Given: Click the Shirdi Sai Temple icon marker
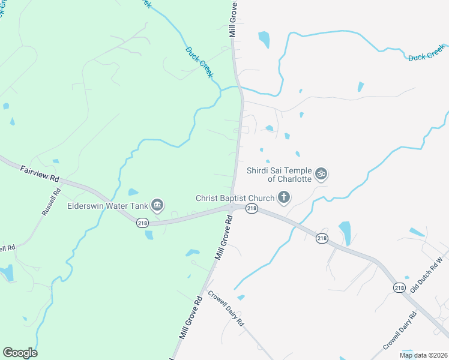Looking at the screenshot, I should point(322,173).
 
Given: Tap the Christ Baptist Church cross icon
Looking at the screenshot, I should point(283,197).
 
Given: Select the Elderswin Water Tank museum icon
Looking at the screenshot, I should point(157,205).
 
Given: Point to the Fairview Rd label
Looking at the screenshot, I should point(40,174).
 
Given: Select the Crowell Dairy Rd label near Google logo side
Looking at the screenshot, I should point(226,308).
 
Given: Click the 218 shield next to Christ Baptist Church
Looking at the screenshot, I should point(251,208).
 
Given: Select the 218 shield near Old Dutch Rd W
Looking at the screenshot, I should point(400,288).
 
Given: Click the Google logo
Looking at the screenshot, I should point(20,352).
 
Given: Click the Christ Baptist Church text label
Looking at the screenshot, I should point(235,197).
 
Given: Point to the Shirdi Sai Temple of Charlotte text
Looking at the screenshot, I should point(279,175).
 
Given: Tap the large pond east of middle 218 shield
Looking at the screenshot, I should point(345,233).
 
